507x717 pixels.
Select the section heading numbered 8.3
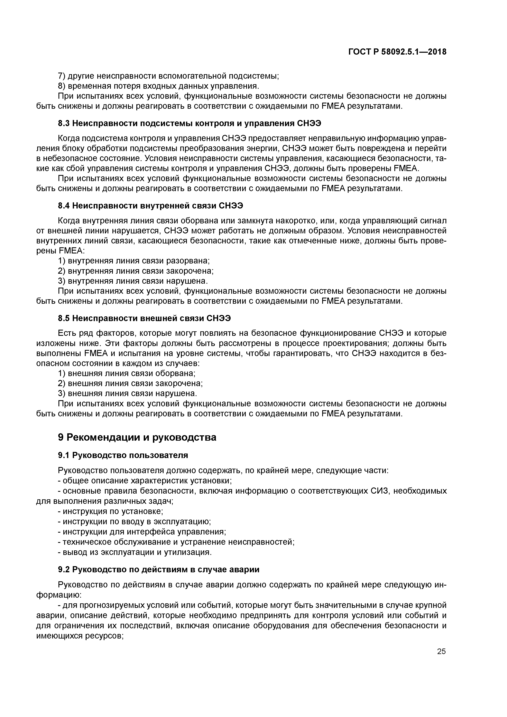tap(190, 123)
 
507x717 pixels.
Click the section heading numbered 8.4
tap(151, 206)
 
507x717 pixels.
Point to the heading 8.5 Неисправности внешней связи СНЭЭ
tap(144, 318)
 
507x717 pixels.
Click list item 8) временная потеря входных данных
tap(159, 86)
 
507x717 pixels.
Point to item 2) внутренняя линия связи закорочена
tap(136, 271)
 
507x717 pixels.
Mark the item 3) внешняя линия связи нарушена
tap(128, 393)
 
